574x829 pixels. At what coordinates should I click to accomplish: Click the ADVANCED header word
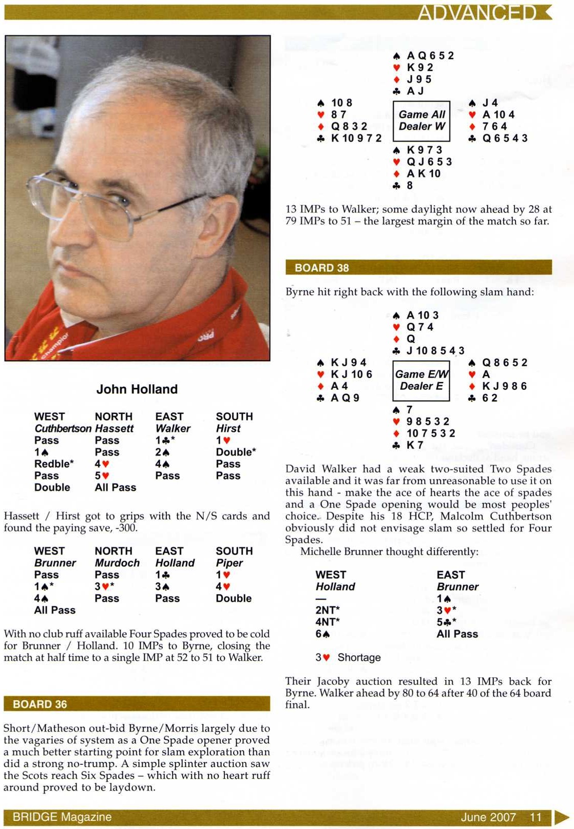(x=477, y=12)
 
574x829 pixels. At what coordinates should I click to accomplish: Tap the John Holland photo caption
(x=137, y=389)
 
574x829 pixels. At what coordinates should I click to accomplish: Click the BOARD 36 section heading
(x=40, y=704)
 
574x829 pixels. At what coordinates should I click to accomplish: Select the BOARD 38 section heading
(x=321, y=268)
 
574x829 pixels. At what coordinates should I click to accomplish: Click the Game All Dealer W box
(x=422, y=121)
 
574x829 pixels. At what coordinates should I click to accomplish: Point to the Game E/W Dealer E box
(x=422, y=380)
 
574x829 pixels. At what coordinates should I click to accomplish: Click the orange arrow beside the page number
(x=561, y=817)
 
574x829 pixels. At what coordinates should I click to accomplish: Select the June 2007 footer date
(x=488, y=817)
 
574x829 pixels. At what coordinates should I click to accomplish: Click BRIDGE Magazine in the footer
(x=62, y=817)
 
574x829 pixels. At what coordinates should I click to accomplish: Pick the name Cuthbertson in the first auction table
(x=63, y=428)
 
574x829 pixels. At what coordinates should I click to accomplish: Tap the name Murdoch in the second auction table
(x=117, y=563)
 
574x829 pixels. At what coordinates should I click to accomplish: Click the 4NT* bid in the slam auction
(x=328, y=622)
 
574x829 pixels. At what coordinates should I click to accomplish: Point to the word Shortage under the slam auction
(x=359, y=658)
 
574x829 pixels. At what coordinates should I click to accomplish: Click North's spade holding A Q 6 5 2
(x=430, y=55)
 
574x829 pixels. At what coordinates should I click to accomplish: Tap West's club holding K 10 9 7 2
(x=356, y=138)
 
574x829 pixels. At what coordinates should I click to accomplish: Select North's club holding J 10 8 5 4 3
(x=435, y=350)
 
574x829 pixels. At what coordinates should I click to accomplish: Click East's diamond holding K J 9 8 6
(x=505, y=386)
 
